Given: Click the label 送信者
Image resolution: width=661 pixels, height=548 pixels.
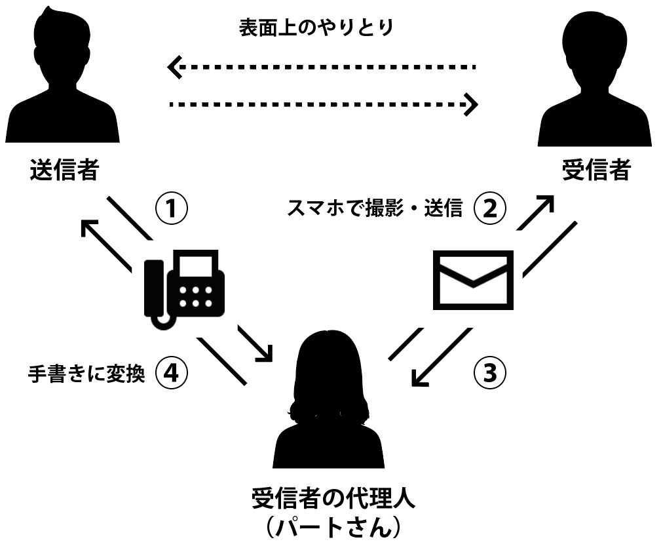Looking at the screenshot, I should click(64, 170).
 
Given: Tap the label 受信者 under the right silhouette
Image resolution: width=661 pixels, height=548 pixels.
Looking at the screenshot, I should click(596, 170).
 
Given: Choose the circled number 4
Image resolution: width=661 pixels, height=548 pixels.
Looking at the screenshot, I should click(171, 373).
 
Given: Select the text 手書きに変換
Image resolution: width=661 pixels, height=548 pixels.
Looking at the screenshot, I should click(86, 373).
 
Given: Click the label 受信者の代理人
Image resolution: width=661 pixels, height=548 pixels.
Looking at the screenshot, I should click(333, 500).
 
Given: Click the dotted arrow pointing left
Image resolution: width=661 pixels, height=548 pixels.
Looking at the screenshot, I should click(321, 67).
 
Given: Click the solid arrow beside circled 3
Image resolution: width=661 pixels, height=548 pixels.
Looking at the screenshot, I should click(440, 357).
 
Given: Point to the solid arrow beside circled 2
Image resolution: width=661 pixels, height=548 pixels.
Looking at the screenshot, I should click(535, 212).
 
